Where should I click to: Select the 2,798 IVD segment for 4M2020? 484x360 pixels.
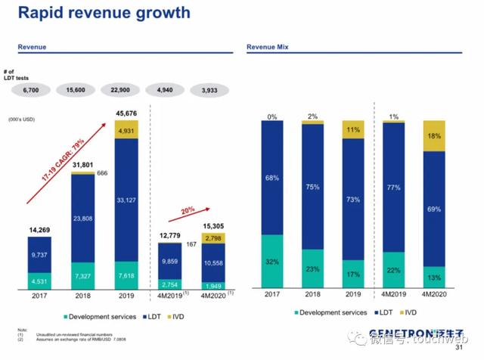212,239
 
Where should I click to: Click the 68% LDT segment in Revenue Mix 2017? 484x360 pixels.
271,178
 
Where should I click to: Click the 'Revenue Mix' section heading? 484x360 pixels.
267,48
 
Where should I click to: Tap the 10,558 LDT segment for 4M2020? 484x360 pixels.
212,262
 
